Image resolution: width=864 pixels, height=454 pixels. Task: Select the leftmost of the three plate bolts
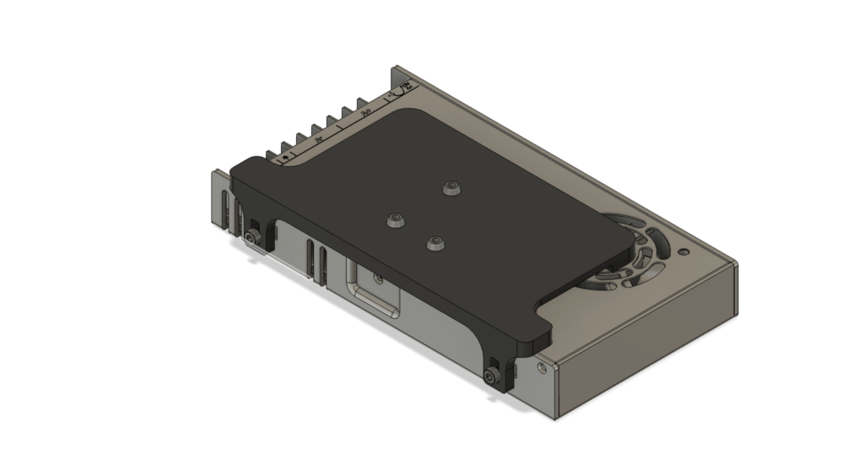(x=394, y=220)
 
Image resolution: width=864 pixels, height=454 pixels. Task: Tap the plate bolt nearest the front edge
(x=435, y=244)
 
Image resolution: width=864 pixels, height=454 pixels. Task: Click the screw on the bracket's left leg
(x=253, y=241)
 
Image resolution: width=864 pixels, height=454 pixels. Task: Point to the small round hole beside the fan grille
(x=683, y=251)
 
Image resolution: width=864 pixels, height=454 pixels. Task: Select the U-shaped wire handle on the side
(x=371, y=295)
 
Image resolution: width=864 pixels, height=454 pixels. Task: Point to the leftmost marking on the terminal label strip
(x=285, y=157)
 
